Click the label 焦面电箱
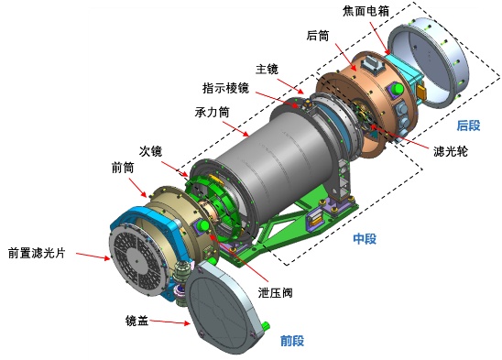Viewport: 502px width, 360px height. [x=366, y=11]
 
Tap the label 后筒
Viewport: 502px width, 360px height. [x=318, y=36]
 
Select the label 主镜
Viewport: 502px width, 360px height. [x=267, y=70]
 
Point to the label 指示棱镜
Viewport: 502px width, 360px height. [x=225, y=88]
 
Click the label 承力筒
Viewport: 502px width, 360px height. [x=212, y=112]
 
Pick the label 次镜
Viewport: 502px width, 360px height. [x=150, y=151]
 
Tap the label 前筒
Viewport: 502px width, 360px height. [x=123, y=168]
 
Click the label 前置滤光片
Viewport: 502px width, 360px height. [x=37, y=253]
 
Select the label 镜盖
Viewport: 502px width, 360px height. [x=137, y=321]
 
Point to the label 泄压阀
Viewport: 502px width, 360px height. [x=276, y=292]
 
